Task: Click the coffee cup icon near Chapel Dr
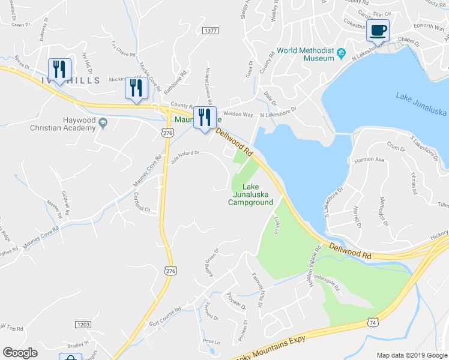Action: [x=378, y=30]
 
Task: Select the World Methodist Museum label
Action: [x=306, y=54]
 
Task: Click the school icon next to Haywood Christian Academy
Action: [x=103, y=123]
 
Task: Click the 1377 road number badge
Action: [x=210, y=30]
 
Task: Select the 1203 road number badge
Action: [x=83, y=324]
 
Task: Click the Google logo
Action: [x=20, y=353]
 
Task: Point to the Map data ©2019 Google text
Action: [x=411, y=355]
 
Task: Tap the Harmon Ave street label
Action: [x=369, y=160]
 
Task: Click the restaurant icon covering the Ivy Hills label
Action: [x=59, y=70]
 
